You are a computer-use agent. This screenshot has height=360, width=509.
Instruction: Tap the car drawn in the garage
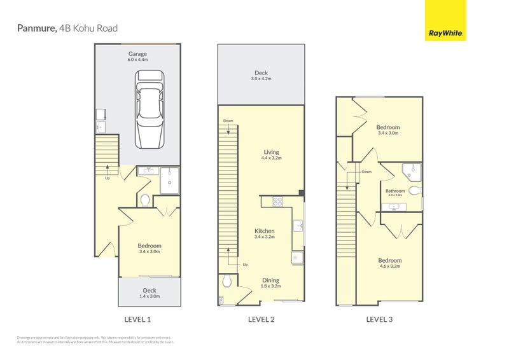150,108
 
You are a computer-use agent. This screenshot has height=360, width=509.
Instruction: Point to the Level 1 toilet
144,200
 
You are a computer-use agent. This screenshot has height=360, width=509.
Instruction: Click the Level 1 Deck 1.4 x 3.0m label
150,293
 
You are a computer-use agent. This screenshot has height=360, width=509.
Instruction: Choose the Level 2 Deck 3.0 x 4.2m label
261,76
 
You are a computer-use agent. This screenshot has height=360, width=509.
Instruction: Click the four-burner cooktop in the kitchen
278,202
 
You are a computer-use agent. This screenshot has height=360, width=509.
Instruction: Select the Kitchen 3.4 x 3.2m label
265,234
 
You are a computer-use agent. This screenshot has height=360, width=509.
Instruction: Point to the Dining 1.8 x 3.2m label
270,283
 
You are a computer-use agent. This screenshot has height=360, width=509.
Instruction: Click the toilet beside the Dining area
227,280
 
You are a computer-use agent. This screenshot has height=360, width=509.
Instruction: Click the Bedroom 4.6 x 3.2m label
389,263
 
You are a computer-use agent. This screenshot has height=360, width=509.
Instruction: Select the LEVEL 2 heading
261,319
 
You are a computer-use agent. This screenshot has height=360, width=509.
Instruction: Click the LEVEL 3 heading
379,319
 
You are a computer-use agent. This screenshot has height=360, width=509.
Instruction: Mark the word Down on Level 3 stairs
366,172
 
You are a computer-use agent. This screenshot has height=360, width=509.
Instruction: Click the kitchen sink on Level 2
298,225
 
